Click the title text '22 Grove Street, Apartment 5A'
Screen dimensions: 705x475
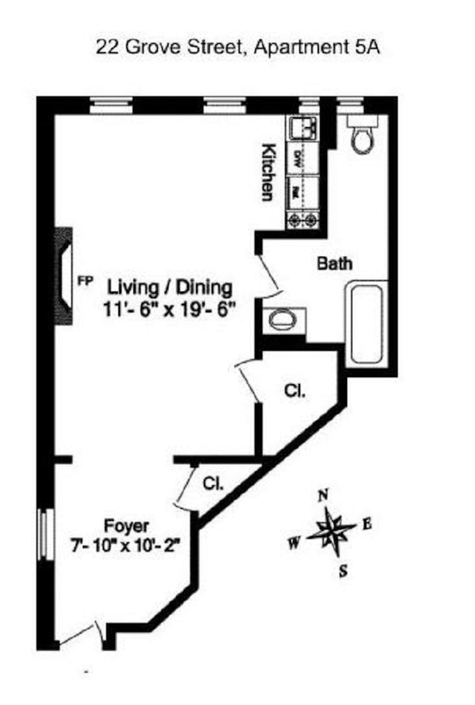point(237,49)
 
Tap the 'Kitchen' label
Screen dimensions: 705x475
point(268,172)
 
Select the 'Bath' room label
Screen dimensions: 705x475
point(334,264)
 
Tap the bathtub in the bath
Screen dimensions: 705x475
point(366,324)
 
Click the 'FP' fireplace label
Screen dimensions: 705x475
point(85,281)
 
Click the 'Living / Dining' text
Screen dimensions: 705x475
point(169,288)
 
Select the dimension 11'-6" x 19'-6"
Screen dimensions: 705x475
point(169,309)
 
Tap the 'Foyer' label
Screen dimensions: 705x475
point(127,525)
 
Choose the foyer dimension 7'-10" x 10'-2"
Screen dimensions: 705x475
point(127,546)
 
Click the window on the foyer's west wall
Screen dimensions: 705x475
point(45,535)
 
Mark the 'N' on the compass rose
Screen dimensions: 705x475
point(323,496)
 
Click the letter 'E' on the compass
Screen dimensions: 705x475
point(366,524)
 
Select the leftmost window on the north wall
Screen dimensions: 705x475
point(111,105)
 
